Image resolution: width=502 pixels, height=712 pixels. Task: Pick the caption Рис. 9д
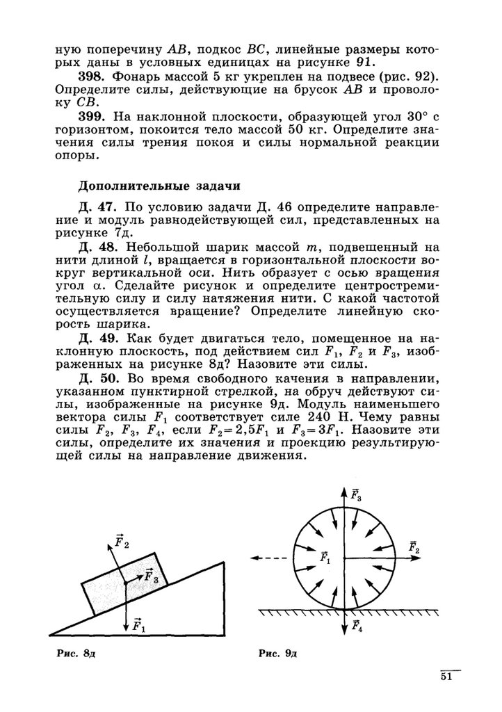tap(277, 654)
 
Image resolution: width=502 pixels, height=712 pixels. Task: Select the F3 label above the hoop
tap(356, 495)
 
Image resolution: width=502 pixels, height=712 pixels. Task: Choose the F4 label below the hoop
tap(357, 627)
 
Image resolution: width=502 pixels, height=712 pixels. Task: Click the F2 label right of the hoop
tap(414, 547)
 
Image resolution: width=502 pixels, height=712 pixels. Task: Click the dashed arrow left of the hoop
tap(266, 558)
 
